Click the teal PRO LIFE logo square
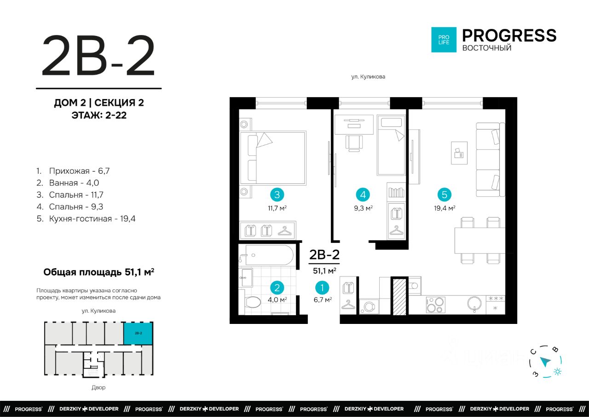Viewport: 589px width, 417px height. [444, 40]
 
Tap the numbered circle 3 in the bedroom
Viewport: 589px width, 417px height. [277, 195]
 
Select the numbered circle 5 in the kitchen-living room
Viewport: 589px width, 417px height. [445, 195]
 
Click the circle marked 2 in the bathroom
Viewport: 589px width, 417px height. [277, 288]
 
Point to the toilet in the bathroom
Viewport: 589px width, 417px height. [252, 302]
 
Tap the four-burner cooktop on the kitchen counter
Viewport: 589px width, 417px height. [435, 305]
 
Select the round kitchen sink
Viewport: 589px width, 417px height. [474, 304]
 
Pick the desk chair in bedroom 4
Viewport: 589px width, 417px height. [354, 143]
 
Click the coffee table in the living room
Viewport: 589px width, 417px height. [459, 153]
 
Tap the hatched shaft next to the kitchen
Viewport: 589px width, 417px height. [399, 296]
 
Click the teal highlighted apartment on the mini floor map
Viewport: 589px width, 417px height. [138, 333]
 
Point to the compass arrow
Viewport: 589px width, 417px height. [545, 362]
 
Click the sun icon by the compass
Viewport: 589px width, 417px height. [557, 372]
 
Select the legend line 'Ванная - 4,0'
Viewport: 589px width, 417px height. [68, 183]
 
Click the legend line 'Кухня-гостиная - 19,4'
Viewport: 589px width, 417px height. [86, 219]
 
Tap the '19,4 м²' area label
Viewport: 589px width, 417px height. [445, 208]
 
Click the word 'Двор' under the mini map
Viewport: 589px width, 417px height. [98, 388]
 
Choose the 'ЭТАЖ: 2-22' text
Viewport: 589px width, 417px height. [99, 115]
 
